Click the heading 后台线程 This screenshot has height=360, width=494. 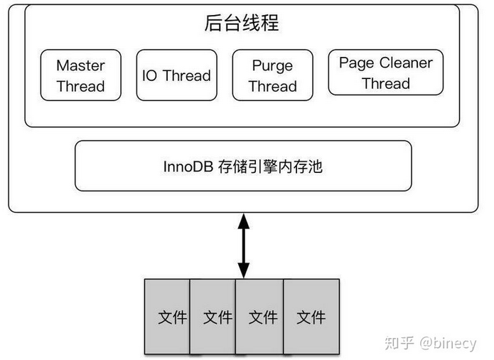[242, 24]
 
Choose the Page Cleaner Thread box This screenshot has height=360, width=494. [385, 73]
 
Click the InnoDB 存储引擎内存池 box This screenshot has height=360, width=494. [242, 166]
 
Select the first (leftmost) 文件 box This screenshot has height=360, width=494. [168, 317]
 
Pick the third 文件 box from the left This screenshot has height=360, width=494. [262, 317]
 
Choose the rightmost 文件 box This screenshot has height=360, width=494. [311, 317]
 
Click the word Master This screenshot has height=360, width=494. [80, 65]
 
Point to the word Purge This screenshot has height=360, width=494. [272, 66]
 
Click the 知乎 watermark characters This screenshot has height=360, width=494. [399, 343]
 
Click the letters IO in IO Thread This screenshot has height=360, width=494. [150, 76]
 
